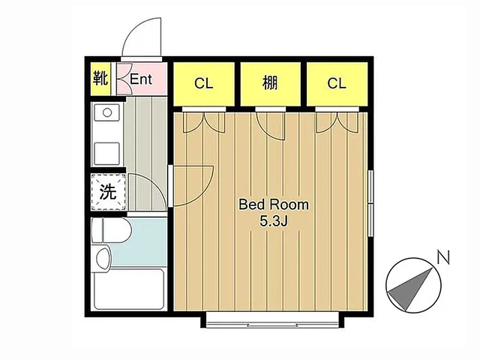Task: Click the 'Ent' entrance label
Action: tap(141, 79)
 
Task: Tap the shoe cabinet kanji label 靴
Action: tap(100, 78)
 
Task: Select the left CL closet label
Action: tap(203, 83)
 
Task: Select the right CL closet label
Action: tap(337, 83)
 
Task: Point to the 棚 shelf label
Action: tap(270, 82)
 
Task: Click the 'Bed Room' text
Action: tap(274, 205)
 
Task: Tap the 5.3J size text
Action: tap(273, 220)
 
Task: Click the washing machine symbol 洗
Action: tap(108, 192)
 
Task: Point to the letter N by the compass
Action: tap(443, 257)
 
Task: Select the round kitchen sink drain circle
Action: tap(107, 112)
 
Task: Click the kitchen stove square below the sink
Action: tap(106, 154)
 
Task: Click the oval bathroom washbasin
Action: tap(103, 258)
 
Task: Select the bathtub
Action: tap(129, 289)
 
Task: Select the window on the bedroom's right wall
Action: tap(370, 203)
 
